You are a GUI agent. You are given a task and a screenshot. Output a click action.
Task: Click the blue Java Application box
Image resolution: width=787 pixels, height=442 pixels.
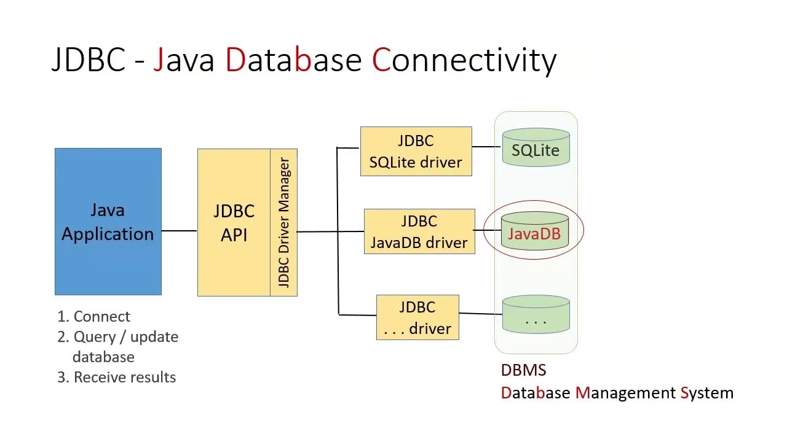108,222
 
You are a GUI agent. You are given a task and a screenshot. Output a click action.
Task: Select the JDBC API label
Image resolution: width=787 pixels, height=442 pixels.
234,223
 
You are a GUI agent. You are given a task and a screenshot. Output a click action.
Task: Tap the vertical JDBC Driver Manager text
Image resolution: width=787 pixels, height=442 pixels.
283,222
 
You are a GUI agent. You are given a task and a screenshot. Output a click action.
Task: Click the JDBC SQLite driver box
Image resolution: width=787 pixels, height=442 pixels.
416,152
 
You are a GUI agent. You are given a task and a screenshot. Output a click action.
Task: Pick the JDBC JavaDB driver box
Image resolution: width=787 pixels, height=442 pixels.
419,231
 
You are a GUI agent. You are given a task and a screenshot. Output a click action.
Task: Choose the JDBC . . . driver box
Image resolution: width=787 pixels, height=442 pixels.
417,317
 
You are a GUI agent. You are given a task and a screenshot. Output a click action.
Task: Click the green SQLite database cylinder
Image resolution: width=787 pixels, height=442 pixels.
536,148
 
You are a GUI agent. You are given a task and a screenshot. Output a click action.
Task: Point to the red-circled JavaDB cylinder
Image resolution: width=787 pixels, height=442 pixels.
534,232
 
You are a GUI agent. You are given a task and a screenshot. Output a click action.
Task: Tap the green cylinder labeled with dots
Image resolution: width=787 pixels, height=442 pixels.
536,316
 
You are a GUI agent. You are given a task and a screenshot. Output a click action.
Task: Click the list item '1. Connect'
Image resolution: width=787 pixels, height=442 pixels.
94,317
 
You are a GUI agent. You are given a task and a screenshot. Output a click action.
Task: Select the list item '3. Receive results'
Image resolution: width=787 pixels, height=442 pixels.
117,377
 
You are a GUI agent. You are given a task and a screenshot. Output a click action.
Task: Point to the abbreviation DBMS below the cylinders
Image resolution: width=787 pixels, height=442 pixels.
523,370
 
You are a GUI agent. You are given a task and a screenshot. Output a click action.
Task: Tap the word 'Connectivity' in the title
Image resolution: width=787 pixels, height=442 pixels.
464,60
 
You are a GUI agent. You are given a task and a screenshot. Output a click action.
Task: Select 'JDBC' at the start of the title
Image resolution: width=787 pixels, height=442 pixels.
88,60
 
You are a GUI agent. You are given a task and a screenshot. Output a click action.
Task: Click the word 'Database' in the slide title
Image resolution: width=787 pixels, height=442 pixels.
293,60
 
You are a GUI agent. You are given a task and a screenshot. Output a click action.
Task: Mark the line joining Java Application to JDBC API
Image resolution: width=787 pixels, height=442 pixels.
179,231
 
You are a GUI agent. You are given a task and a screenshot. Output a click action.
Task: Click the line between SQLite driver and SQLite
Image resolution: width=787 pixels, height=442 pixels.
486,147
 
